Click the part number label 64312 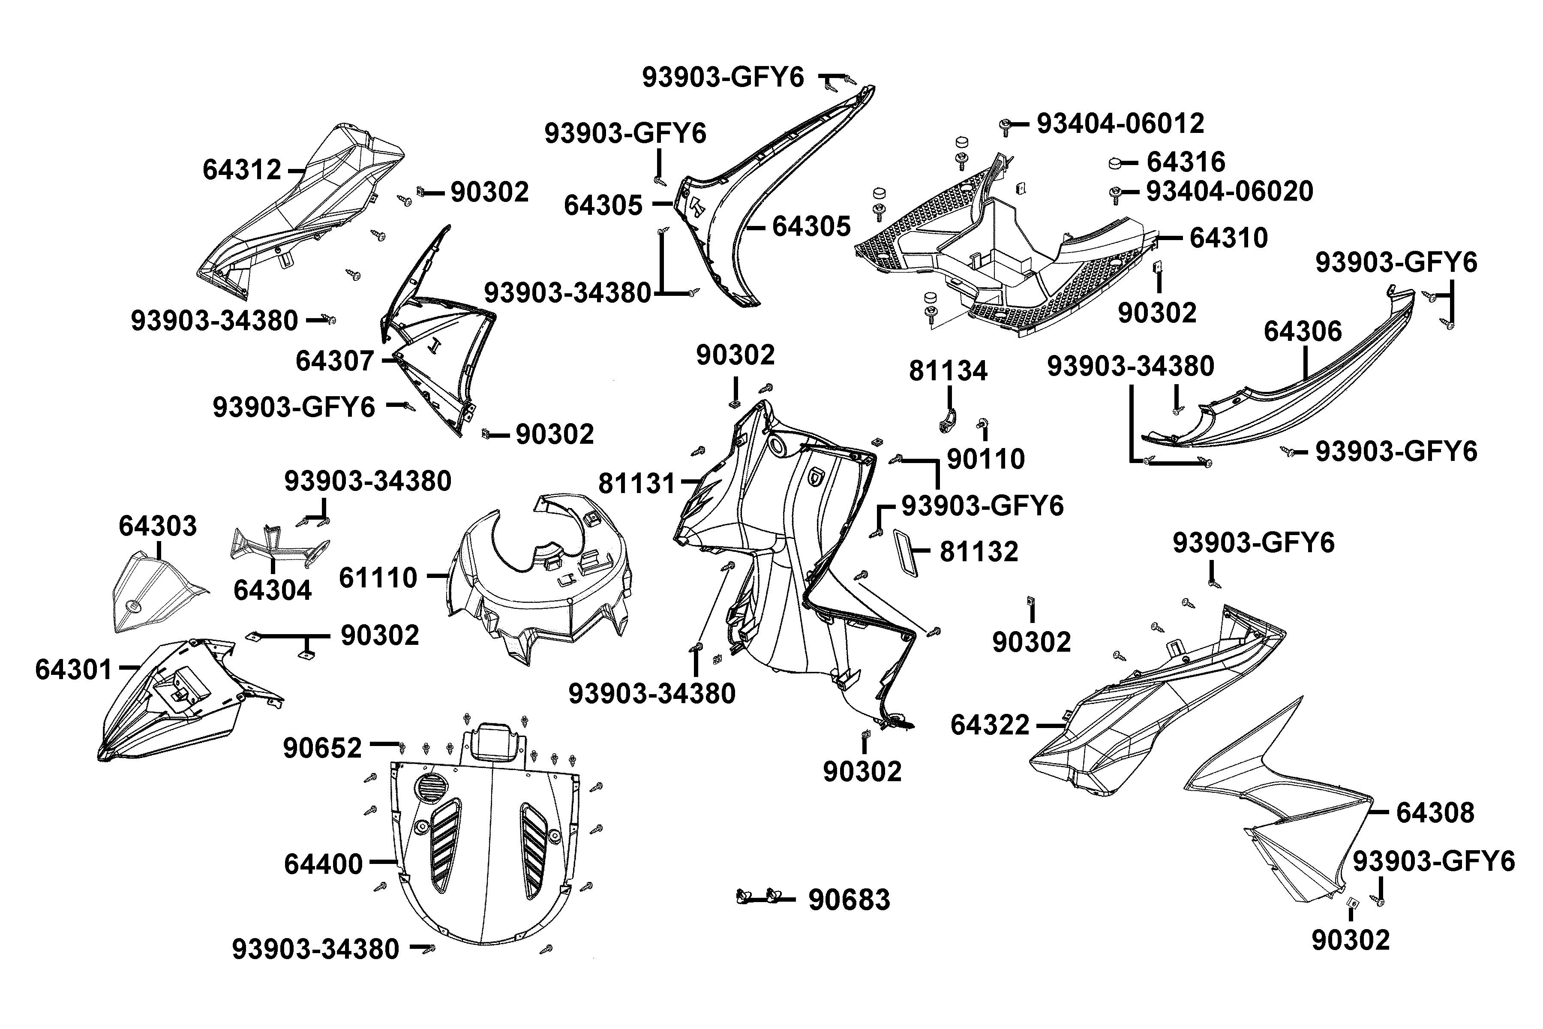[241, 170]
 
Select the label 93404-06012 [1120, 123]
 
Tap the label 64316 [1186, 162]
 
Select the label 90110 [985, 459]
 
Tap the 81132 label [979, 552]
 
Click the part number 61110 [378, 578]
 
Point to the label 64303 [157, 526]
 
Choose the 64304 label [272, 591]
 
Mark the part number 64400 [323, 864]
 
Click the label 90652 [322, 748]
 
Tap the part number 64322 [990, 725]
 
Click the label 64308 [1435, 813]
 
